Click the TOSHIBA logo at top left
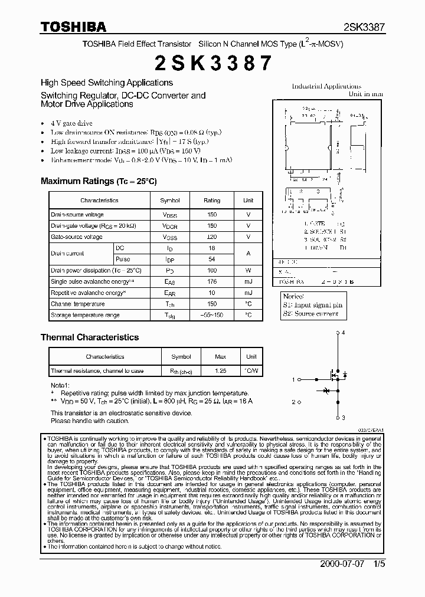pyautogui.click(x=73, y=27)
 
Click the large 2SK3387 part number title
pyautogui.click(x=212, y=63)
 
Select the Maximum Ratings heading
pyautogui.click(x=99, y=181)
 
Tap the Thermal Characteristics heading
pyautogui.click(x=90, y=337)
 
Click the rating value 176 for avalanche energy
pyautogui.click(x=212, y=282)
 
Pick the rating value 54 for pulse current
pyautogui.click(x=212, y=259)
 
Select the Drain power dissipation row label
pyautogui.click(x=96, y=270)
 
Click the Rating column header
pyautogui.click(x=212, y=201)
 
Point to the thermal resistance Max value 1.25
pyautogui.click(x=220, y=371)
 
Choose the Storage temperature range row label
pyautogui.click(x=85, y=315)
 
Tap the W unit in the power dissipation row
pyautogui.click(x=249, y=270)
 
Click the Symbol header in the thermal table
pyautogui.click(x=181, y=357)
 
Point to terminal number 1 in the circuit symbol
pyautogui.click(x=293, y=380)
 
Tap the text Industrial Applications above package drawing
pyautogui.click(x=326, y=86)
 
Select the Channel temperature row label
pyautogui.click(x=77, y=304)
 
